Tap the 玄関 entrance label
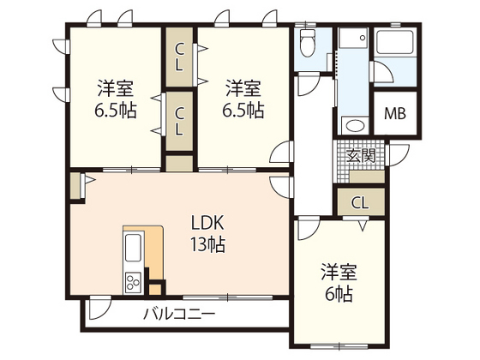click(x=362, y=156)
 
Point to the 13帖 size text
click(x=207, y=245)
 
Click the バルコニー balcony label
click(x=178, y=313)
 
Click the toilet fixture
click(x=309, y=40)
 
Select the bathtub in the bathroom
click(x=396, y=43)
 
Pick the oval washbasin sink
click(x=353, y=125)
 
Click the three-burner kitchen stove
click(x=134, y=281)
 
